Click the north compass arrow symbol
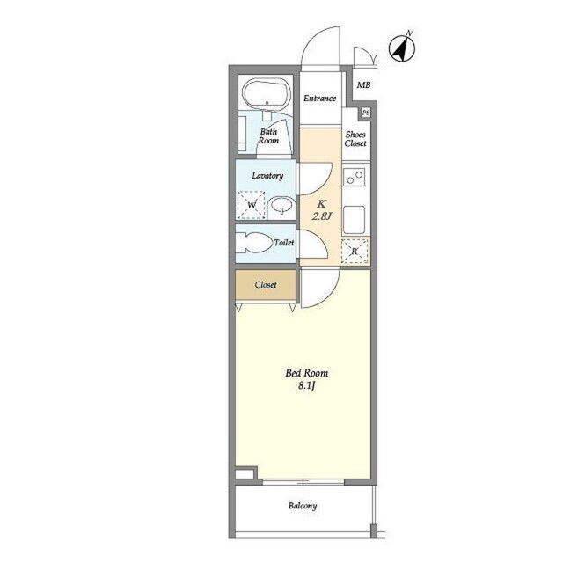pos(402,48)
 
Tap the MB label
pos(363,85)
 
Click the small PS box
pos(366,113)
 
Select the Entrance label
pos(319,98)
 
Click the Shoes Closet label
pos(355,139)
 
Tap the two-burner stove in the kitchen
pos(355,176)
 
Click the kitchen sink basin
pos(355,220)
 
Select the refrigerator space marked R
pos(355,251)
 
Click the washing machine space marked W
pos(252,205)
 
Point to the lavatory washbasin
pos(282,207)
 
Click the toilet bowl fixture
pos(254,244)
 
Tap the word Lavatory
pos(267,176)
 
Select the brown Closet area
pos(266,285)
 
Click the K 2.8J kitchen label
pos(321,210)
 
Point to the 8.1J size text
pos(307,386)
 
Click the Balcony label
pos(303,506)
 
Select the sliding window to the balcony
pos(303,482)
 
